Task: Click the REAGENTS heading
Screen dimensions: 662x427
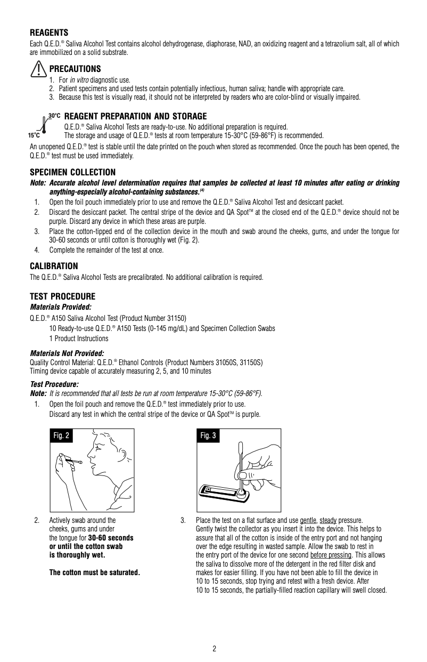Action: (x=48, y=33)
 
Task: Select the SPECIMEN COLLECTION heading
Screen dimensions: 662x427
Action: (x=72, y=172)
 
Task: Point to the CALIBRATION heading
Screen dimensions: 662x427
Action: (x=54, y=266)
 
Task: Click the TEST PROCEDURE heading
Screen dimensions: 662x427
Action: (x=62, y=296)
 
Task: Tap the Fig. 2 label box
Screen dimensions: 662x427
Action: (x=61, y=436)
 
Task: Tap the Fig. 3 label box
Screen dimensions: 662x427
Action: (x=208, y=436)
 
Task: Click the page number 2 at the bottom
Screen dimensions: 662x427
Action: (x=214, y=648)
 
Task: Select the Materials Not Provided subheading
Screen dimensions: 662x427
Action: (x=67, y=353)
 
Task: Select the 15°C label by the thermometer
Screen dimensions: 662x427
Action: (x=34, y=135)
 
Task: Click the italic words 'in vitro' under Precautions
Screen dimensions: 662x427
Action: (x=79, y=80)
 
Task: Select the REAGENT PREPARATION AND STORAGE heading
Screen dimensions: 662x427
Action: (x=135, y=116)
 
